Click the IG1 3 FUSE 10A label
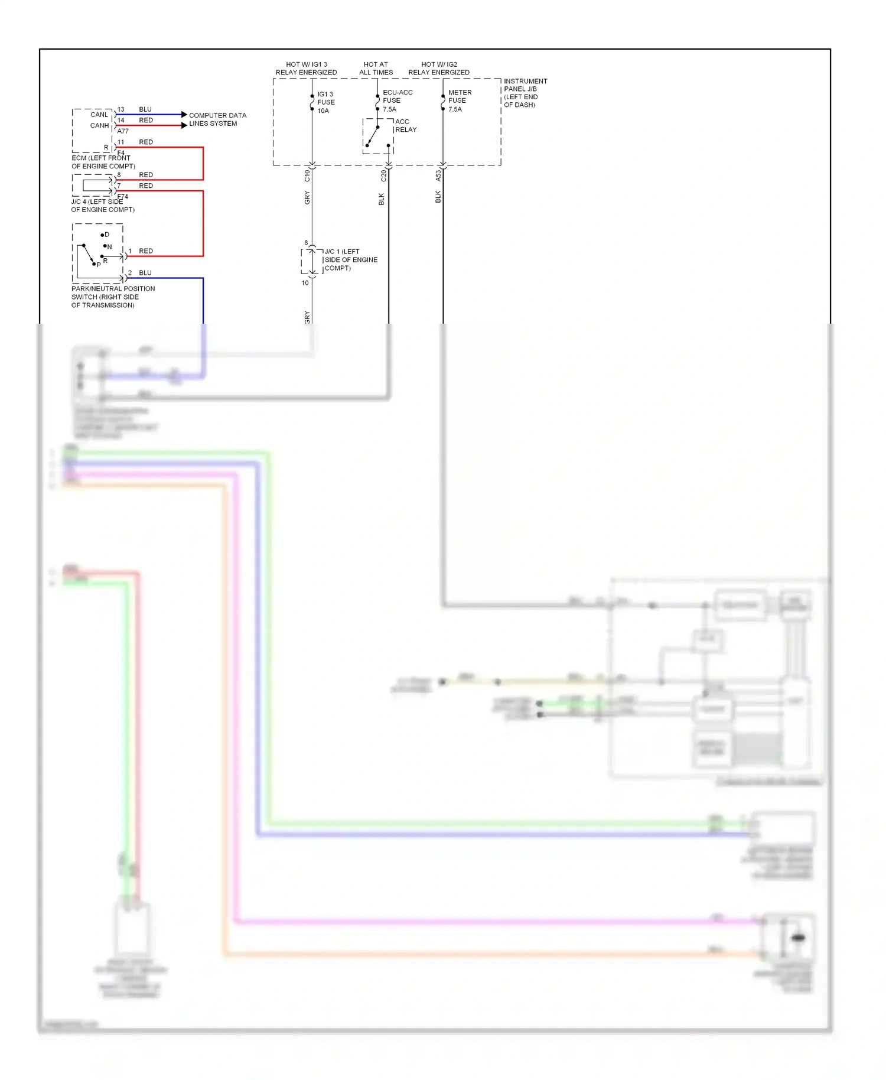click(325, 102)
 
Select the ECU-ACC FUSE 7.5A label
click(397, 100)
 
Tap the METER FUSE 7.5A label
click(459, 100)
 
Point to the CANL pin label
click(99, 115)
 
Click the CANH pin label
click(99, 125)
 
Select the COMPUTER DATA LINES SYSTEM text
click(217, 119)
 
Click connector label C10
click(307, 175)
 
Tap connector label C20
click(383, 175)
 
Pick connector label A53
click(438, 175)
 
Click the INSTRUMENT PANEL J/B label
click(525, 93)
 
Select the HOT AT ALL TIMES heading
click(376, 68)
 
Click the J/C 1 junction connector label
click(350, 259)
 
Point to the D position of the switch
click(106, 235)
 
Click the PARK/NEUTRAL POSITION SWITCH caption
click(113, 297)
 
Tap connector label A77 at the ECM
click(123, 131)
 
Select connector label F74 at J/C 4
click(123, 197)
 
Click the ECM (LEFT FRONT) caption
click(103, 162)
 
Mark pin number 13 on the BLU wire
click(120, 109)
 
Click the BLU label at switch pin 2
click(145, 272)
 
